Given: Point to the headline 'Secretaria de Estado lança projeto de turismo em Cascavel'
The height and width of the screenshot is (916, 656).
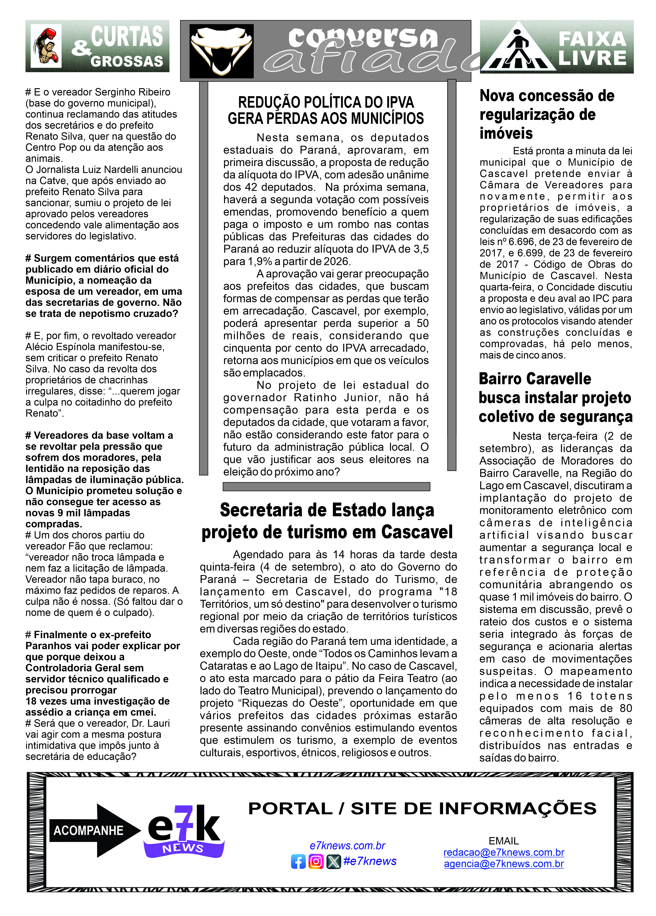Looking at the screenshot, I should pos(327,521).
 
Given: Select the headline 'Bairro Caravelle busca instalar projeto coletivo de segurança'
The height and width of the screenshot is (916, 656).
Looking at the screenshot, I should pos(555,398).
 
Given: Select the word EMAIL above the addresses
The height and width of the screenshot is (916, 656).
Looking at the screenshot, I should pos(503,841).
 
